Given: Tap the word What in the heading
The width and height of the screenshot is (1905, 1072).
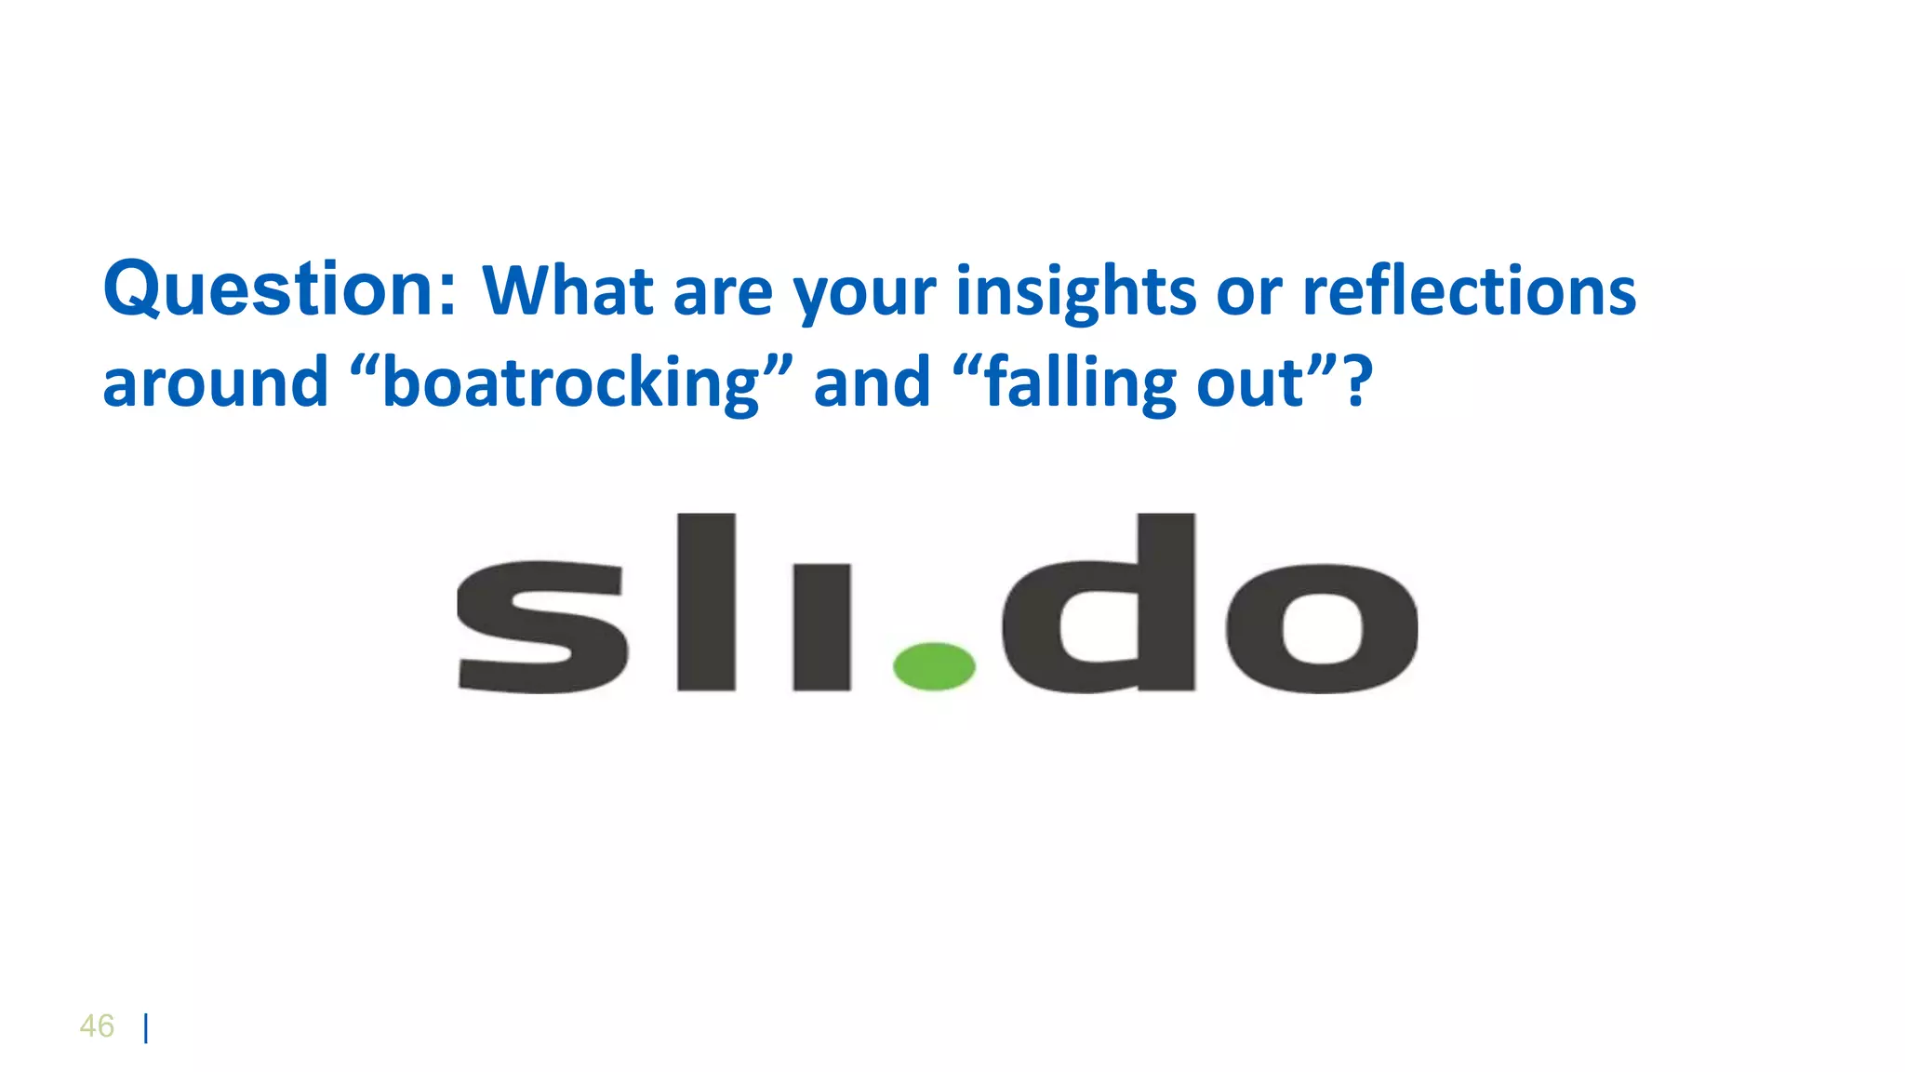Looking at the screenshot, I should coord(566,290).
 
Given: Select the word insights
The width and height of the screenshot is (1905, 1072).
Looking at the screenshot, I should coord(1074,292).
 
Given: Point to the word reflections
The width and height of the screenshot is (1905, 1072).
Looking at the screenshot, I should coord(1469,290).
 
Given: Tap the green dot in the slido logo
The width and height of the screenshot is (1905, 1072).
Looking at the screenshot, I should coord(934,665).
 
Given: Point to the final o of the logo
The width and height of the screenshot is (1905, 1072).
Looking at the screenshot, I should coord(1322,628).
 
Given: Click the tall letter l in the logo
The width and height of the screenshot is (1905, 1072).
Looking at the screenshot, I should coord(706,602).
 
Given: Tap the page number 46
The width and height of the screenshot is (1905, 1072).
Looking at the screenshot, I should coord(97,1026).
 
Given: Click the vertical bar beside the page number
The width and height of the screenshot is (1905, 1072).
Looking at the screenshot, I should coord(146,1028).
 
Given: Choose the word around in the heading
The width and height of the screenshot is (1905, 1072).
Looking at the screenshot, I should coord(215,382).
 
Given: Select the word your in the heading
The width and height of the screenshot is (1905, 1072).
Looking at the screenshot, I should coord(864,292).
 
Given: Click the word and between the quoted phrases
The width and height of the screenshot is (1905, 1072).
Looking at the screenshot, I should coord(872,382).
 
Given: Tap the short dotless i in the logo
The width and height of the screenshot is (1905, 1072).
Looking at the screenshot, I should coord(821,628).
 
